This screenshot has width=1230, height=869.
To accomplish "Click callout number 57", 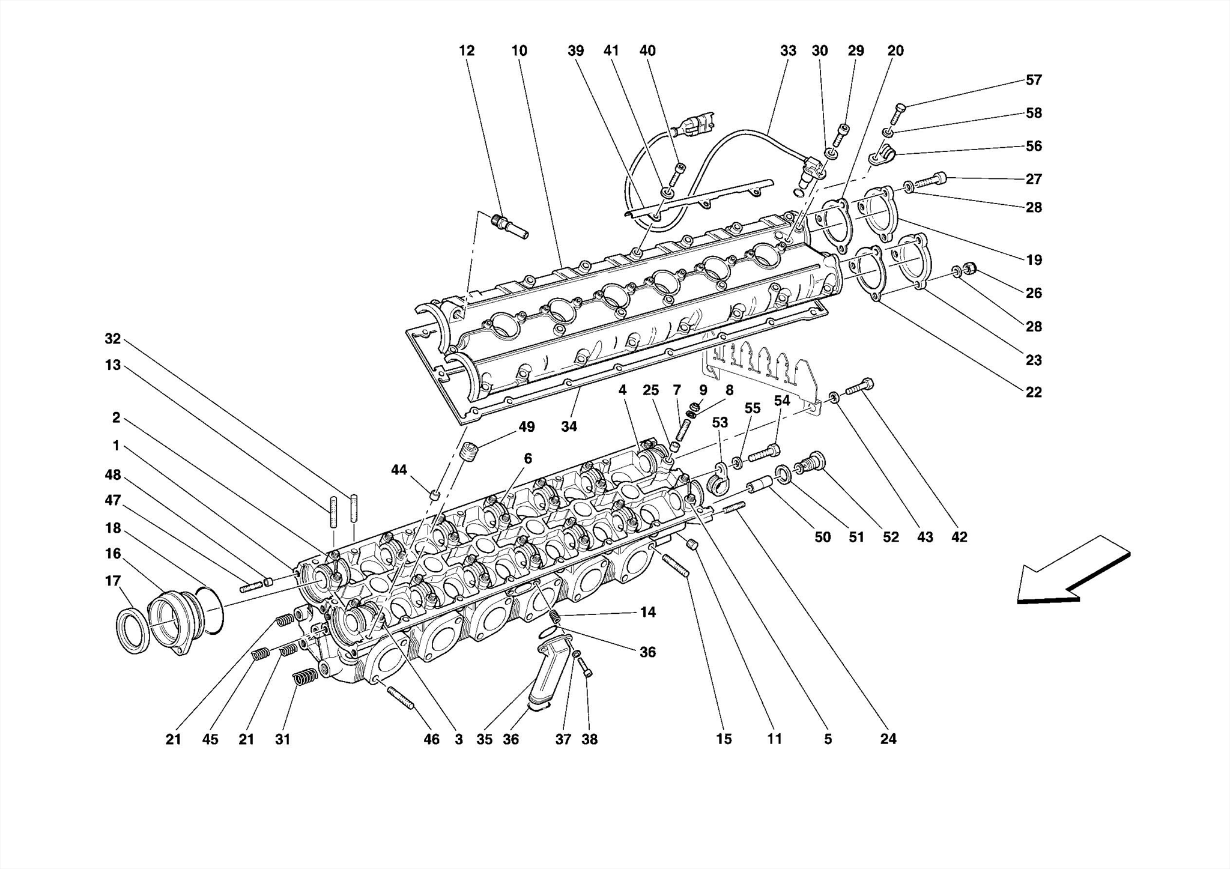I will coord(1033,80).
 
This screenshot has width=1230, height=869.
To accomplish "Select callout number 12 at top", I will coord(467,51).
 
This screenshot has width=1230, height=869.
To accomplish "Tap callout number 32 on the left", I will coord(113,339).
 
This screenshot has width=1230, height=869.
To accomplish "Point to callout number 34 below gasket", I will coord(569,426).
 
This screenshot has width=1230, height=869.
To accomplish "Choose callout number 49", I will coord(526,427).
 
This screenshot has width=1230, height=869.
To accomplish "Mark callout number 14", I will coord(647,613).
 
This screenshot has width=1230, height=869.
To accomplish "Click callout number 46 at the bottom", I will coord(431,739).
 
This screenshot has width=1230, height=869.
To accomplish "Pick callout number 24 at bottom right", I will coord(888,739).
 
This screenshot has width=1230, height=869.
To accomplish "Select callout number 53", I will coord(720,423).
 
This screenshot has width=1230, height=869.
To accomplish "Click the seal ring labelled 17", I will coord(132,630).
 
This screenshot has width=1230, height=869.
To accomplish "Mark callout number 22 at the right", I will coord(1033,392).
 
